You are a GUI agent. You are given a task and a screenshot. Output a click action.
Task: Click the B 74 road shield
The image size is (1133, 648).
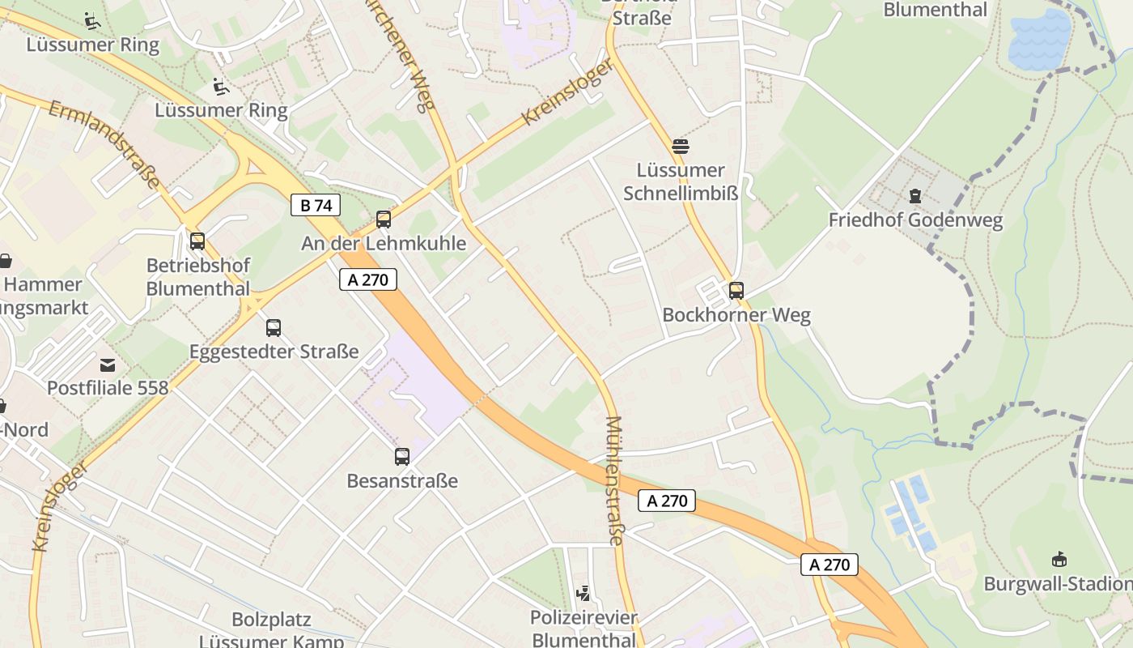(x=316, y=206)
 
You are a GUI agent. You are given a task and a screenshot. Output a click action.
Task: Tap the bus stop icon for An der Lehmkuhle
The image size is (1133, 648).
(x=384, y=220)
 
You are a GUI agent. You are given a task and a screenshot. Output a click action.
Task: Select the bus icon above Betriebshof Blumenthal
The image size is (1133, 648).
(x=197, y=241)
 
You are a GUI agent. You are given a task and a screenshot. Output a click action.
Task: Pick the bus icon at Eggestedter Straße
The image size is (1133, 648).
(x=274, y=328)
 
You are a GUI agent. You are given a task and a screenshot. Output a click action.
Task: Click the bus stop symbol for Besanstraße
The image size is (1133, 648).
(x=402, y=457)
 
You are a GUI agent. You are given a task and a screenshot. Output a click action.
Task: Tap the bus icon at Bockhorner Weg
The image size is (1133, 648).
(x=736, y=291)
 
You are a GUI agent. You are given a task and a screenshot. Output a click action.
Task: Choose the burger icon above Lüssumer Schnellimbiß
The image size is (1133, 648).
(x=681, y=147)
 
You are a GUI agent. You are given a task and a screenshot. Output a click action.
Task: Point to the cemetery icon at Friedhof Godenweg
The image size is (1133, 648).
(x=915, y=196)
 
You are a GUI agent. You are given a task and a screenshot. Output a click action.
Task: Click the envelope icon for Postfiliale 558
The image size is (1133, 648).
(x=108, y=364)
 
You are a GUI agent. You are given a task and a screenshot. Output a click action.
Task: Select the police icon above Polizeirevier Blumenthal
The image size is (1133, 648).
(x=583, y=594)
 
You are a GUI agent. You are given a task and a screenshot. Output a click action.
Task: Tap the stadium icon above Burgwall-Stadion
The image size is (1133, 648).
(x=1059, y=559)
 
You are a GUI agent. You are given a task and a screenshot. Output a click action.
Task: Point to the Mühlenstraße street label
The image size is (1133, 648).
(x=614, y=481)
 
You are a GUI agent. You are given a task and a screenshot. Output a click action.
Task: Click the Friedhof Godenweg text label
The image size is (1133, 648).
(x=915, y=220)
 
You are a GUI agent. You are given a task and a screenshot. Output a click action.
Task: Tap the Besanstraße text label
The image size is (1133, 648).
(x=402, y=481)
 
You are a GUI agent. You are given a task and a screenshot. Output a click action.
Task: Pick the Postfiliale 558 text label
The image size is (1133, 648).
(x=108, y=388)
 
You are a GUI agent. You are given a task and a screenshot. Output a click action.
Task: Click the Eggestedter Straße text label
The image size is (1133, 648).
(x=274, y=352)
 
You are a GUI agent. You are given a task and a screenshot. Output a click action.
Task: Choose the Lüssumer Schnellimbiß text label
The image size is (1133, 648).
(x=681, y=181)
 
